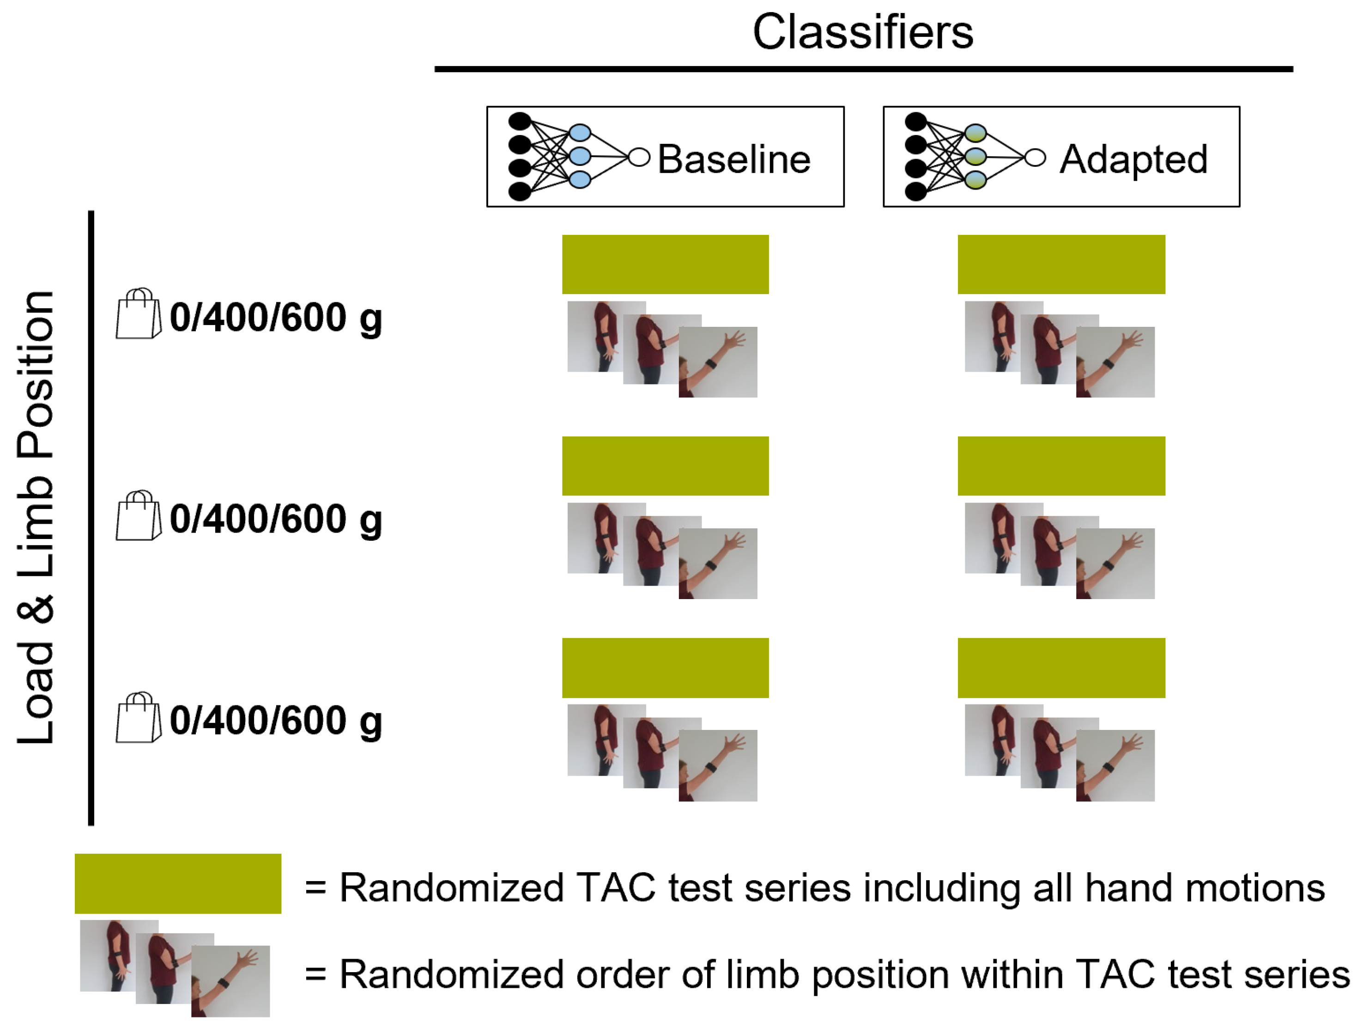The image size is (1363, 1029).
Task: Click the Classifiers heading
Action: pos(863,32)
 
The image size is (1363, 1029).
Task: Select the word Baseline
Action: pos(733,159)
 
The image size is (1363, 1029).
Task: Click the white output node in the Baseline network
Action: pos(639,158)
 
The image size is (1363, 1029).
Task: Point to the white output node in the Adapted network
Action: pos(1035,158)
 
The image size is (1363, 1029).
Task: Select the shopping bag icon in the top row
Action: pos(139,314)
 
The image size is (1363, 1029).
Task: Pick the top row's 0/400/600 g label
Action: pos(275,318)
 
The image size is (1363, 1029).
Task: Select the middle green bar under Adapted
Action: pos(1061,466)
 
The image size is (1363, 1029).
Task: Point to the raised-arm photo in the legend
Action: pos(230,980)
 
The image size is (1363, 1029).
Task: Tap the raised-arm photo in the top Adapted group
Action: pos(1115,362)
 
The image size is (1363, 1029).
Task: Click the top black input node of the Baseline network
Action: pos(520,121)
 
